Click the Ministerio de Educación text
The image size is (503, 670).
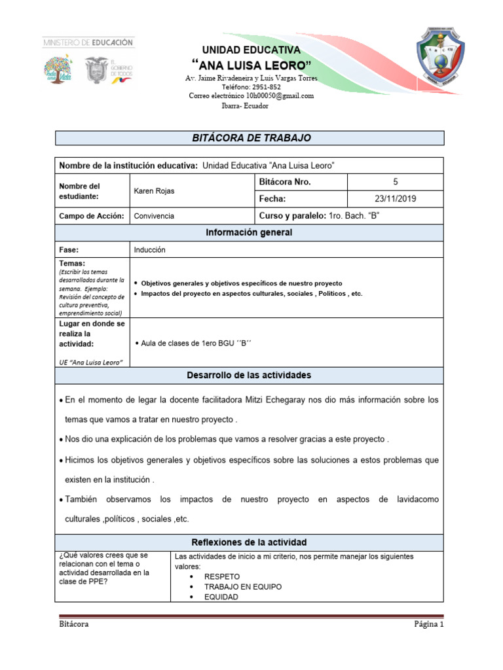click(x=88, y=42)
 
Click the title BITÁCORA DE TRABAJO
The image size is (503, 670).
click(x=251, y=138)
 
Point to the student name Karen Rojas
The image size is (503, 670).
click(x=155, y=190)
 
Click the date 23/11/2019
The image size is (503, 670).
click(x=395, y=199)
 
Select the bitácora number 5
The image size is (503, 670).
click(x=395, y=182)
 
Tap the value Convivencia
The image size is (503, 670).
click(x=154, y=216)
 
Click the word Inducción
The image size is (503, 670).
click(x=150, y=250)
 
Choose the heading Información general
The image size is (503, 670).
click(x=249, y=233)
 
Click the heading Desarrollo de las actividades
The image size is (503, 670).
click(x=249, y=375)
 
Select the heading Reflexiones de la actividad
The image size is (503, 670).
click(x=249, y=542)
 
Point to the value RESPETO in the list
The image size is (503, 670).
click(x=222, y=577)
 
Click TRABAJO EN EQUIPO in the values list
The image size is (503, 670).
click(x=243, y=587)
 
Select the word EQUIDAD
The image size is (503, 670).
click(x=221, y=597)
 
